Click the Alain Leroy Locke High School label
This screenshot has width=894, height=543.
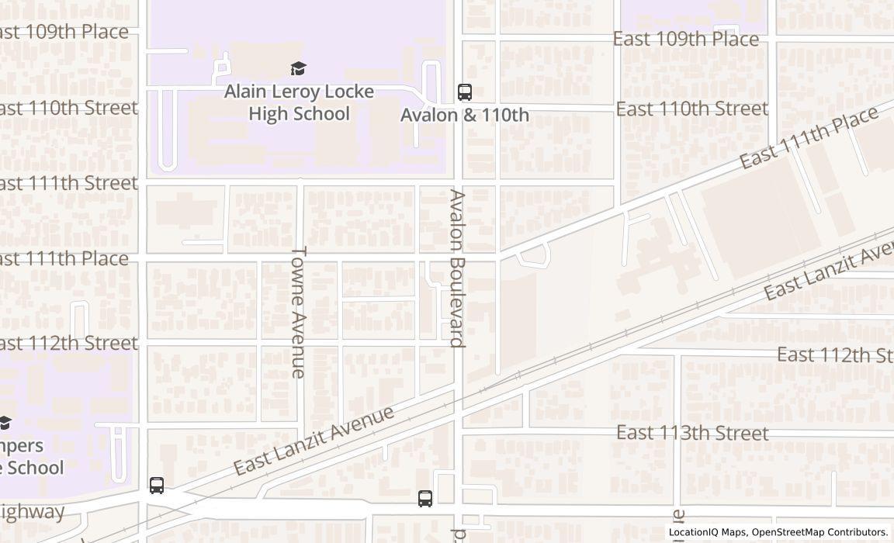(x=299, y=102)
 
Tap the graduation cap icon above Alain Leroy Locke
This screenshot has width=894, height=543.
(x=299, y=69)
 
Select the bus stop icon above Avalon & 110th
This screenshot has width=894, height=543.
(x=465, y=92)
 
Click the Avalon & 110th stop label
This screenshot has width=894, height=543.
(x=465, y=115)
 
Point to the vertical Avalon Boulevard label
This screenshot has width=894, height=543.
(x=458, y=268)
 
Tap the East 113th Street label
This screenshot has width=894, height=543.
(x=692, y=433)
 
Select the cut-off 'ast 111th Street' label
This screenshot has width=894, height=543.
(x=68, y=183)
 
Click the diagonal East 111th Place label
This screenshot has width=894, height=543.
(x=808, y=137)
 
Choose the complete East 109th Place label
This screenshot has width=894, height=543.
(x=686, y=39)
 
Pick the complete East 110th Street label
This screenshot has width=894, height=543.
(x=691, y=109)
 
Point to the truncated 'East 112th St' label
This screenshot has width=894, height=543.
(x=834, y=355)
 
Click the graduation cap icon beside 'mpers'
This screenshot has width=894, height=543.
(x=5, y=423)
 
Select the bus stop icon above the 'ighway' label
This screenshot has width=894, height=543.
(x=157, y=486)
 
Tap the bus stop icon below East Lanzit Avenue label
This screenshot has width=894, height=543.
(x=425, y=499)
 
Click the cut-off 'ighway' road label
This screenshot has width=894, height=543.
(x=32, y=512)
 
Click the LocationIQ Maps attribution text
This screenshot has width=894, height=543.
(x=708, y=532)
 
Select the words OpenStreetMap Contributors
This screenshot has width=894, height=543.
(x=819, y=532)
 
